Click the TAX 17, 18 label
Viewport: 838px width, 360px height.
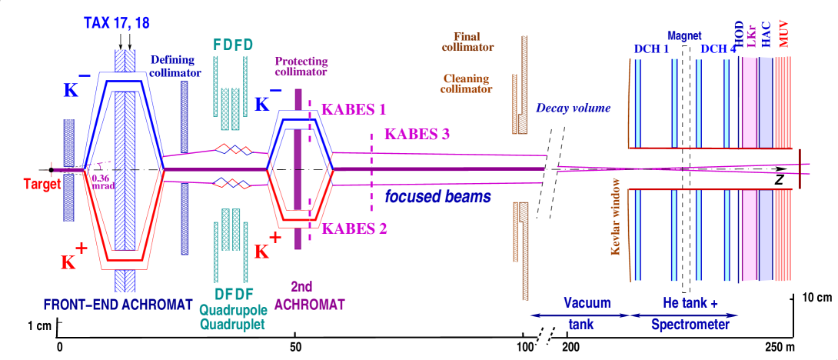(x=117, y=23)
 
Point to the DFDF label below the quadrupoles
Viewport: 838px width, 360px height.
(x=230, y=295)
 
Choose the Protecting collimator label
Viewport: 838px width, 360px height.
(x=301, y=67)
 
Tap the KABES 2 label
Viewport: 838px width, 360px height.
(x=354, y=228)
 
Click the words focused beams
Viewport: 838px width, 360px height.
(x=437, y=196)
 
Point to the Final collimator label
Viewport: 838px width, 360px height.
(x=467, y=42)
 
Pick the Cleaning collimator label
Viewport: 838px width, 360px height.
(x=467, y=83)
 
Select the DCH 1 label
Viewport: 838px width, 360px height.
(x=651, y=49)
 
